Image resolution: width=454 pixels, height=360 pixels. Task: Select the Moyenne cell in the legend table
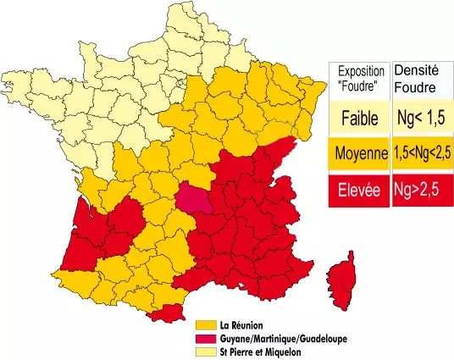coord(359,154)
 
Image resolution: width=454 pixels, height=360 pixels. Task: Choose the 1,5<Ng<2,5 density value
coord(421,154)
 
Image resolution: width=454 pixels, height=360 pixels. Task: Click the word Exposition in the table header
coord(360,70)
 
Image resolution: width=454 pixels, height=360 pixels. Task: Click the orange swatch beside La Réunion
coord(205,324)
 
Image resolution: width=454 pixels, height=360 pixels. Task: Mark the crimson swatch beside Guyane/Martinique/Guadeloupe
coord(205,338)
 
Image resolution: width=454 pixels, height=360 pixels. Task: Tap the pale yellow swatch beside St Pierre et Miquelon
coord(205,352)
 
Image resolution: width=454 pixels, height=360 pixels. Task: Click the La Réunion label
coord(241,324)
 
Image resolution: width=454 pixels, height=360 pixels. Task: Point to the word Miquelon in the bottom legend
coord(280,352)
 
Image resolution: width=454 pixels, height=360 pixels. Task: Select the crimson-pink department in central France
coord(194,201)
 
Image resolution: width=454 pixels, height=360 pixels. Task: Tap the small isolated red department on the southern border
coord(163,315)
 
